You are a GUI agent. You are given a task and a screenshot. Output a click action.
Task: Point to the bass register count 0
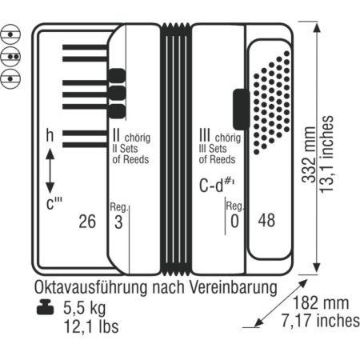[x=234, y=222]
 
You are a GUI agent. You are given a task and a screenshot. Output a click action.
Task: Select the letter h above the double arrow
[x=50, y=137]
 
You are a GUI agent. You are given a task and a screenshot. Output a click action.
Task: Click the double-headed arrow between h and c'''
[x=50, y=170]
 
